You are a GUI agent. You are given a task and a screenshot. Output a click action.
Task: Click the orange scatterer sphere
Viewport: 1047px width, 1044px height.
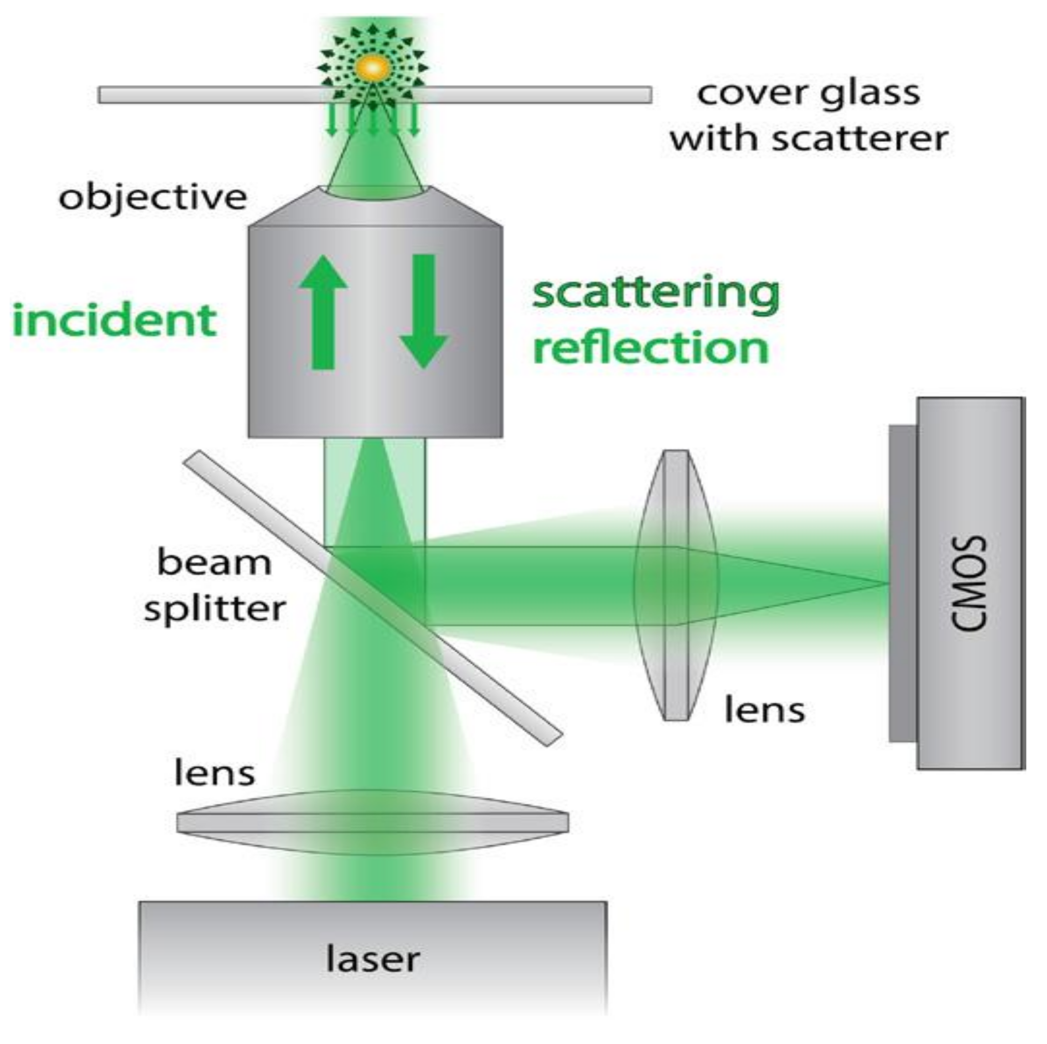coord(373,68)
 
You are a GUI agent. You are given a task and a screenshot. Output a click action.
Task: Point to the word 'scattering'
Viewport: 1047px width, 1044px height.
coord(656,295)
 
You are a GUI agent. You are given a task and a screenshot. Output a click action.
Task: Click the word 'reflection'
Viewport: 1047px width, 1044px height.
coord(651,348)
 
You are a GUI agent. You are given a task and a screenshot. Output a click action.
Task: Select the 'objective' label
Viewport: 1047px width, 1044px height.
coord(153,198)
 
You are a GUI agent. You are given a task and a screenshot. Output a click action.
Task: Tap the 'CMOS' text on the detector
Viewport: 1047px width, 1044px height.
coord(969,584)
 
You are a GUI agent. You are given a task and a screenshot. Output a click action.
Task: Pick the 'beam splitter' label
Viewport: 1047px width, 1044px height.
coord(215,585)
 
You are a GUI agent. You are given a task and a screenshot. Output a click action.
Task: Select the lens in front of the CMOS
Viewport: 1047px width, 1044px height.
coord(676,585)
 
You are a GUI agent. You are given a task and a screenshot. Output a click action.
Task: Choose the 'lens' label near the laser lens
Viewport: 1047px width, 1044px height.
coord(215,773)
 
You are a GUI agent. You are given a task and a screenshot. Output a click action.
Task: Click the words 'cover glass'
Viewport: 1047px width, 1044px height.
coord(809,93)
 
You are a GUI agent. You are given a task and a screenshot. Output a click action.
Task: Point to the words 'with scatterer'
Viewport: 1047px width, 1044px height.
coord(809,139)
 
